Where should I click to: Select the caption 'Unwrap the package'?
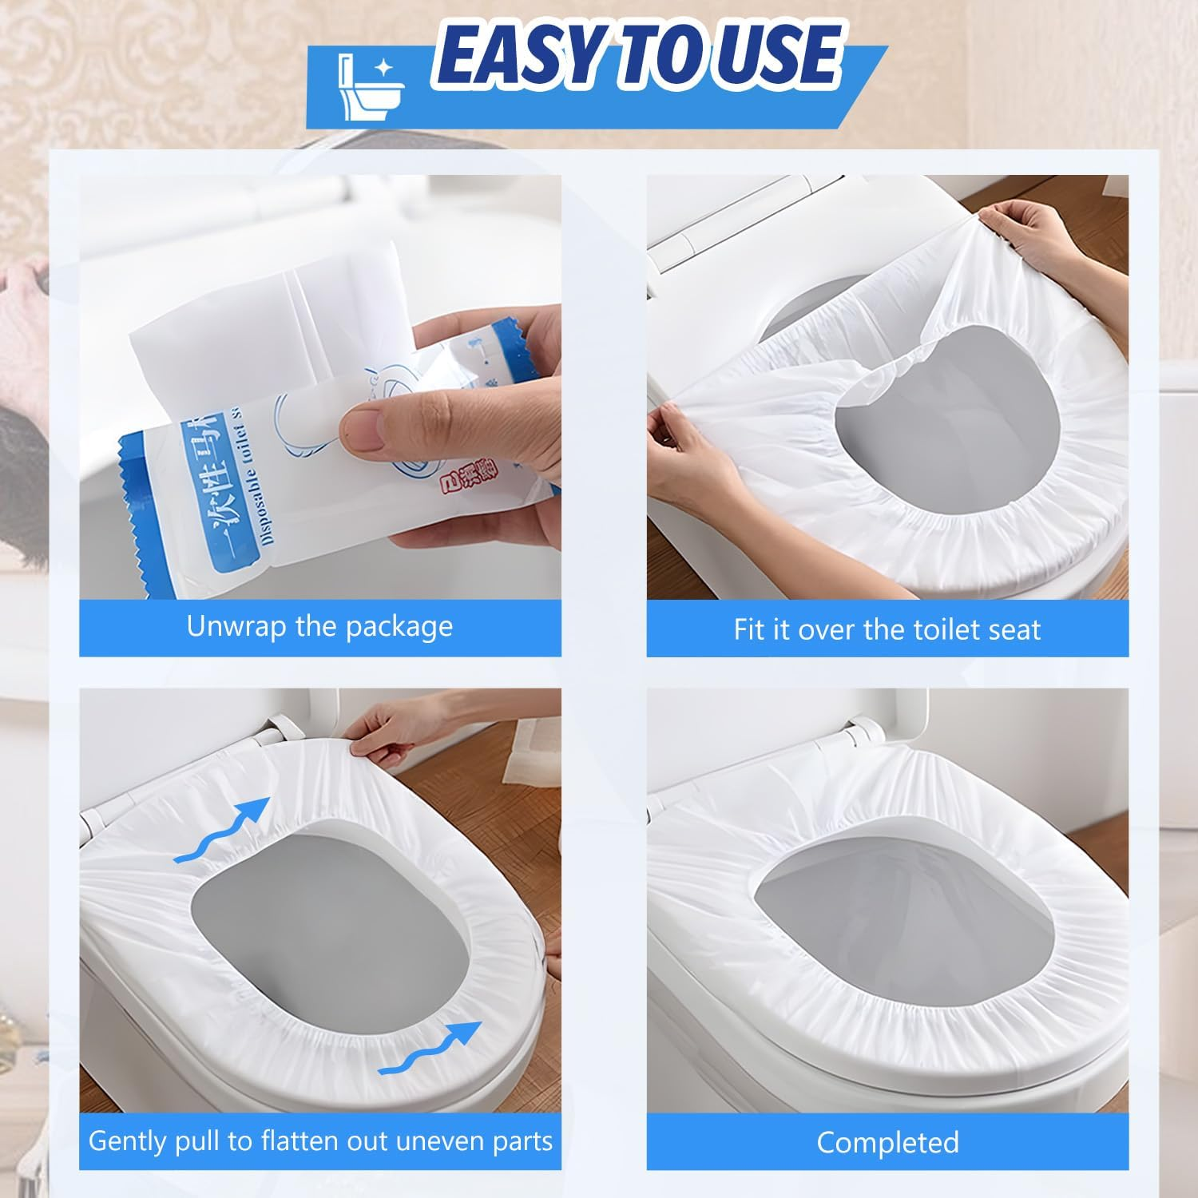tap(319, 626)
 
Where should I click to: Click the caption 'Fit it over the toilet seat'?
tap(887, 629)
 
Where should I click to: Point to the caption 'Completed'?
tap(887, 1142)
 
